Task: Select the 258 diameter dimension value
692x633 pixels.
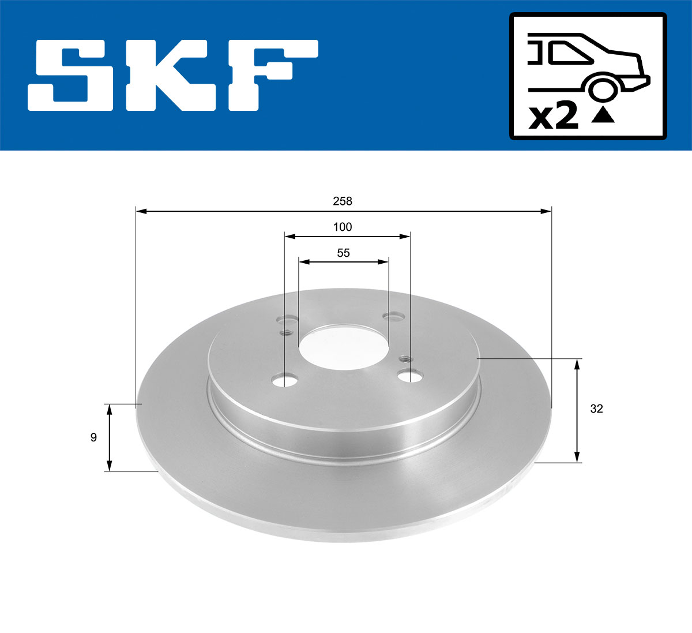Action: (343, 201)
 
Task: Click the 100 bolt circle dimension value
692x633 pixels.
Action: (343, 227)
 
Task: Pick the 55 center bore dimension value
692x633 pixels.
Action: (343, 253)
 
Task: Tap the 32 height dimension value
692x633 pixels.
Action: (596, 409)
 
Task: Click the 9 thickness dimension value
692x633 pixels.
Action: (93, 437)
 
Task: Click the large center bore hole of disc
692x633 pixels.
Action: (343, 346)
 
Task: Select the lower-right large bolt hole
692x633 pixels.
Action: (409, 376)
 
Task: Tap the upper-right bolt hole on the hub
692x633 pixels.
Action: (394, 316)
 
